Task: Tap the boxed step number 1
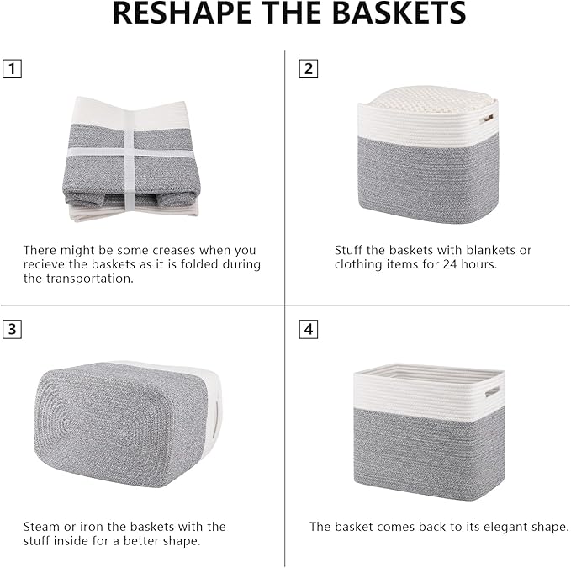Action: [x=12, y=69]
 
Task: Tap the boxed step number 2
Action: [x=309, y=69]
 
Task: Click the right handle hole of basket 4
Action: [x=492, y=391]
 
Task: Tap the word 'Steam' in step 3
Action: [x=41, y=527]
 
